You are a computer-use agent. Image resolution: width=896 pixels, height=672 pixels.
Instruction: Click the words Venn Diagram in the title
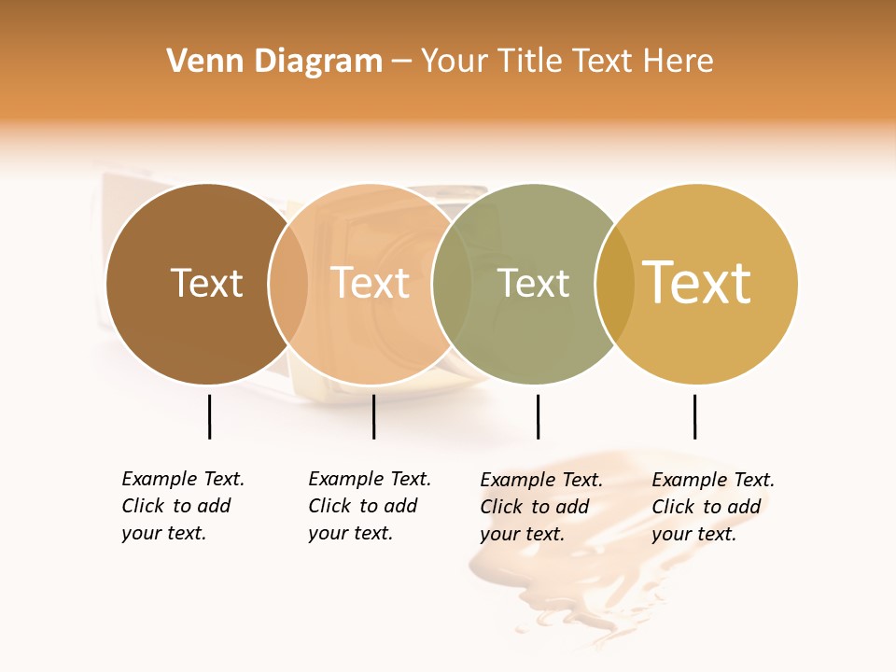pyautogui.click(x=274, y=62)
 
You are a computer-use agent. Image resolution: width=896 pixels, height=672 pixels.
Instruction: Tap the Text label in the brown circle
pyautogui.click(x=206, y=283)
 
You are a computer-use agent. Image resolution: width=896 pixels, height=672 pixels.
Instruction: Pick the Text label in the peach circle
pyautogui.click(x=371, y=283)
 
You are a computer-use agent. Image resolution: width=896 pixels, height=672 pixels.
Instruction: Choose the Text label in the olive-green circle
pyautogui.click(x=533, y=283)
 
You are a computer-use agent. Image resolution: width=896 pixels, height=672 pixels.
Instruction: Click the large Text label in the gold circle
pyautogui.click(x=697, y=283)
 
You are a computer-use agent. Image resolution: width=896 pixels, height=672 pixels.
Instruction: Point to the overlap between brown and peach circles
pyautogui.click(x=288, y=284)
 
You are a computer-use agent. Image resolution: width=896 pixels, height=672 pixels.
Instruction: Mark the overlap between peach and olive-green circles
pyautogui.click(x=452, y=284)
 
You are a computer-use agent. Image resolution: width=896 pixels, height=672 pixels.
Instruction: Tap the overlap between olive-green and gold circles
pyautogui.click(x=615, y=284)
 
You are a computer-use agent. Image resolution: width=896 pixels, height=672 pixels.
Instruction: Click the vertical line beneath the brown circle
pyautogui.click(x=210, y=416)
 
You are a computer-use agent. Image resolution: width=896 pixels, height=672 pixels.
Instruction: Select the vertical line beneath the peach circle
pyautogui.click(x=373, y=416)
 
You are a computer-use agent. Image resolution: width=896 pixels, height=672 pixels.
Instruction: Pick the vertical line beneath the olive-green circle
pyautogui.click(x=538, y=416)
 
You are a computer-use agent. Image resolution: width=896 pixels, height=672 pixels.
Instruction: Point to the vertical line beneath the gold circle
pyautogui.click(x=695, y=416)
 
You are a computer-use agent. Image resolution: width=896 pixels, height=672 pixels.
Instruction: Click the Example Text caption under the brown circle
pyautogui.click(x=183, y=506)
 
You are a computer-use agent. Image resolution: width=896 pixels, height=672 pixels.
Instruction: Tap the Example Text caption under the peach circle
pyautogui.click(x=370, y=506)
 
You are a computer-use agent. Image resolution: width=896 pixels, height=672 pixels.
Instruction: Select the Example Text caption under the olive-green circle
pyautogui.click(x=541, y=507)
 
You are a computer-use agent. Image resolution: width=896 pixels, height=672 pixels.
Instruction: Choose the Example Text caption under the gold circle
pyautogui.click(x=713, y=507)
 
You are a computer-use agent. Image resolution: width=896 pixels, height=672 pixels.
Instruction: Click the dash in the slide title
pyautogui.click(x=401, y=62)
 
